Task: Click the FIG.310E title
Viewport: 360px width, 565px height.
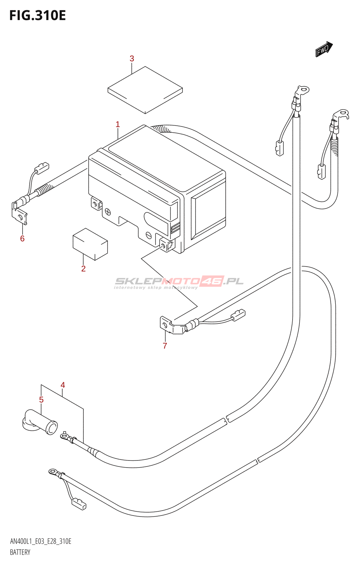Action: [x=37, y=16]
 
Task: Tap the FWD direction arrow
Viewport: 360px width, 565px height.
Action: [x=324, y=49]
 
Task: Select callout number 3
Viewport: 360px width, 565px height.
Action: [x=132, y=59]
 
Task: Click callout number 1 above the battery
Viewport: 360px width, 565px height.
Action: [x=118, y=124]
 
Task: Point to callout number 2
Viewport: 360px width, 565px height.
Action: [x=83, y=269]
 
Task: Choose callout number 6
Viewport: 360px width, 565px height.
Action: [x=22, y=239]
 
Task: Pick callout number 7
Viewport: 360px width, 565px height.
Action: [x=165, y=346]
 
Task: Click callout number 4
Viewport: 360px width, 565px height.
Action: [x=63, y=385]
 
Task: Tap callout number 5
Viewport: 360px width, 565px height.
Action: [x=41, y=400]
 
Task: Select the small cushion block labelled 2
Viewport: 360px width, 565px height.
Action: [x=90, y=244]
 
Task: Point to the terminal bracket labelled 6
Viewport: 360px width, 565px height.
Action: [x=20, y=214]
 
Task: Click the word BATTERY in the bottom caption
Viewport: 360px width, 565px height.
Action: [x=20, y=552]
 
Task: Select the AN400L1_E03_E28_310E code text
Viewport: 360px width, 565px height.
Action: [x=41, y=541]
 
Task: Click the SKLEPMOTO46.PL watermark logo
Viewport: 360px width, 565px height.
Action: [x=179, y=282]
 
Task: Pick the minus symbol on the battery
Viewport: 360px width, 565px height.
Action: [x=149, y=235]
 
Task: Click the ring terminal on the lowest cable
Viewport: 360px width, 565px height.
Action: [x=54, y=471]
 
